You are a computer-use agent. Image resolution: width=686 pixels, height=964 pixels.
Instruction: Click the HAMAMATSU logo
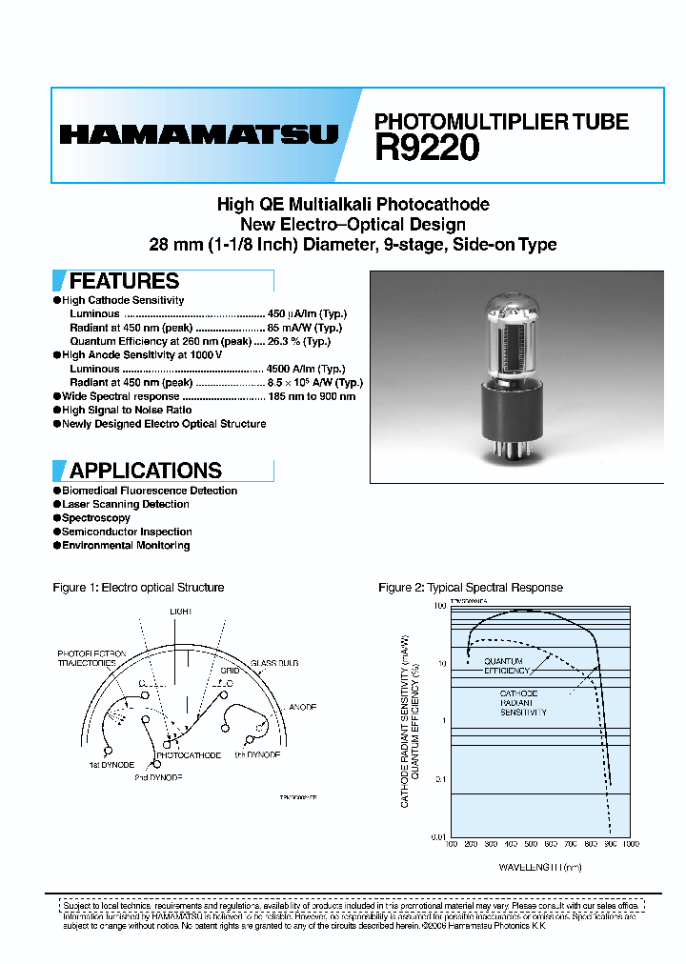(x=198, y=135)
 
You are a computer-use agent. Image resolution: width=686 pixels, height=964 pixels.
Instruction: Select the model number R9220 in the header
(x=427, y=149)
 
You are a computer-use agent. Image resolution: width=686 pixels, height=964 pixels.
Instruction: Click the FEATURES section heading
(x=124, y=281)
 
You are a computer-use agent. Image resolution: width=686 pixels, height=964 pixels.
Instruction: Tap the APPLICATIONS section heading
(x=145, y=471)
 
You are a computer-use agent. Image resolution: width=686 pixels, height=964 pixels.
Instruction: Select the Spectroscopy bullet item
(x=96, y=518)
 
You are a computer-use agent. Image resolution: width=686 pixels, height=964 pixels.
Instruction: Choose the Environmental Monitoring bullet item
(x=126, y=546)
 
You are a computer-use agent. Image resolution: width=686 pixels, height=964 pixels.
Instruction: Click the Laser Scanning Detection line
(x=126, y=505)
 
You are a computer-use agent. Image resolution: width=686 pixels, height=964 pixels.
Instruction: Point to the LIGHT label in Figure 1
(x=181, y=611)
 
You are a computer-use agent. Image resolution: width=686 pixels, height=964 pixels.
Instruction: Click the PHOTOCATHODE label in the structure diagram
(x=188, y=755)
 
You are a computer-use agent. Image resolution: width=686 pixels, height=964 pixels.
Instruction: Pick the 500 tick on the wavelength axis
(x=530, y=844)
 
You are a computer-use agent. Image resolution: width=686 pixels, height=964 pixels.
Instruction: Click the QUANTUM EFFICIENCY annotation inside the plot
(x=507, y=666)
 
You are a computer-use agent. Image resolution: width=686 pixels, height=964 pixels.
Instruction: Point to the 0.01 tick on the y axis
(x=438, y=836)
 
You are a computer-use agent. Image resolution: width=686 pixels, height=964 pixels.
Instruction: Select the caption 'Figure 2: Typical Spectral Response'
(x=471, y=588)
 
